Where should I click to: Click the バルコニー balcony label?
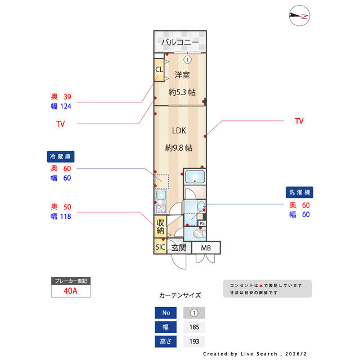click(180, 42)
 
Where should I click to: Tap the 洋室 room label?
click(181, 75)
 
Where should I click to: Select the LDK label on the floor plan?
click(179, 130)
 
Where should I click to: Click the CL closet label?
click(159, 70)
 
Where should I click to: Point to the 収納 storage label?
click(160, 226)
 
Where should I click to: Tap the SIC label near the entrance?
click(160, 247)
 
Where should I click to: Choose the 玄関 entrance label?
click(179, 247)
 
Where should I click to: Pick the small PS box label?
click(202, 223)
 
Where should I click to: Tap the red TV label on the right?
click(299, 121)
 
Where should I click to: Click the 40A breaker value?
click(70, 291)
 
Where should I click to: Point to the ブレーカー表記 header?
click(70, 281)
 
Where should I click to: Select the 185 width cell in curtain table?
click(194, 327)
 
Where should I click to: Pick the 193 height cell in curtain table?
click(194, 341)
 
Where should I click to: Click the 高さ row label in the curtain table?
click(165, 341)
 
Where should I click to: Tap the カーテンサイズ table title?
click(180, 295)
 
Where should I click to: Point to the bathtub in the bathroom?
click(195, 178)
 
